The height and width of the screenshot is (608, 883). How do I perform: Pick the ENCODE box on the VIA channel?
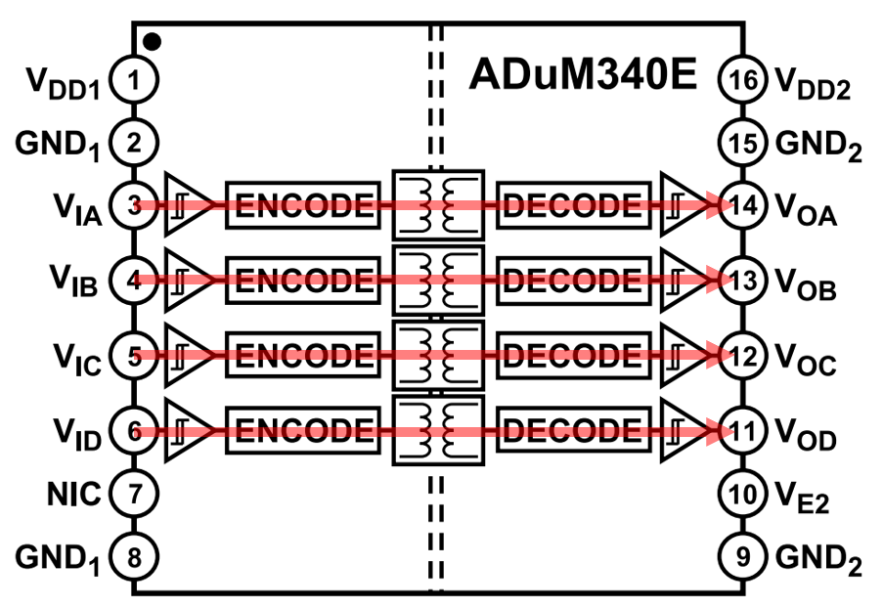pos(303,205)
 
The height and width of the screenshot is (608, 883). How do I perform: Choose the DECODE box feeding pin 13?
pos(572,281)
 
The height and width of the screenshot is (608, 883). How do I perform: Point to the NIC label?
pos(71,495)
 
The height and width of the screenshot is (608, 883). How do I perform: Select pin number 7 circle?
pos(135,495)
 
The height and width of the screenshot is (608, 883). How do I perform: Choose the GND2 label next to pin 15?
pos(817,146)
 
